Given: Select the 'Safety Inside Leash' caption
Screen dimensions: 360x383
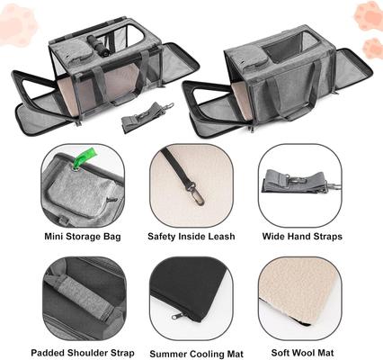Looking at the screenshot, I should [x=191, y=237].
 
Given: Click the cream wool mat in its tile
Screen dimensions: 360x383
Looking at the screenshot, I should [x=297, y=292].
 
